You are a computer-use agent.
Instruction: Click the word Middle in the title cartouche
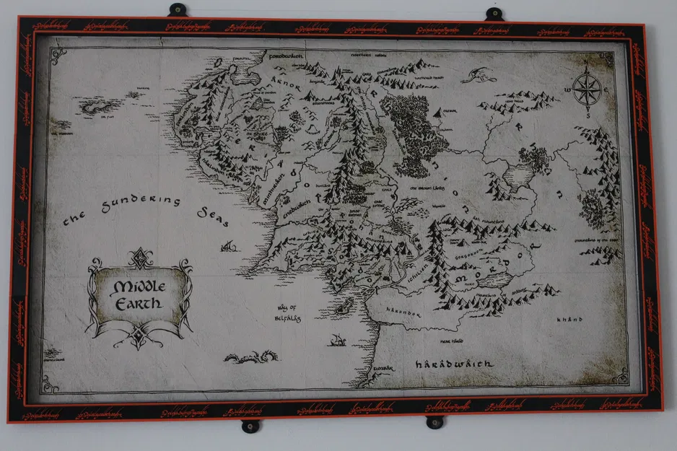[x=140, y=286]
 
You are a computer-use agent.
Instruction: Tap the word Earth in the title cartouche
[x=140, y=303]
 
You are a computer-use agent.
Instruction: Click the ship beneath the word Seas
[x=229, y=246]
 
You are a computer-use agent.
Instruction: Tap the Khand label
[x=569, y=319]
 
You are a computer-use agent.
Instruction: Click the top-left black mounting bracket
[x=178, y=10]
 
